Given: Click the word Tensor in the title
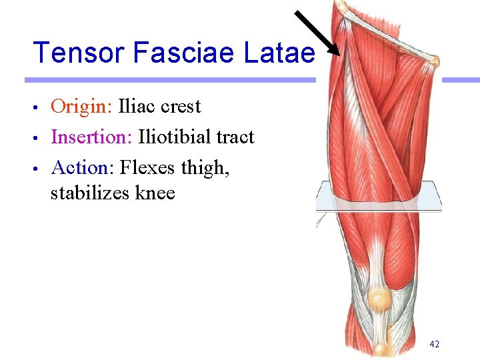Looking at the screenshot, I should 73,53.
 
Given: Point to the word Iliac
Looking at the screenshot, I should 137,107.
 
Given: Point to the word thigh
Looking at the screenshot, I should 206,168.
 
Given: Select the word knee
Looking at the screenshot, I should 155,194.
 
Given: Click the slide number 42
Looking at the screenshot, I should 434,344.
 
